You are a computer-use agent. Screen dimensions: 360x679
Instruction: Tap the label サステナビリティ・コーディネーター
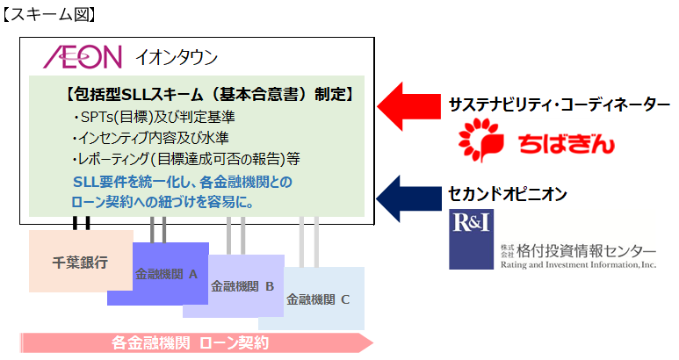pyautogui.click(x=559, y=104)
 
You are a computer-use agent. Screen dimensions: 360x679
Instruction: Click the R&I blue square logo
pyautogui.click(x=470, y=239)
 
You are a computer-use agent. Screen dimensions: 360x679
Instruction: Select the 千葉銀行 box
pyautogui.click(x=80, y=261)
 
